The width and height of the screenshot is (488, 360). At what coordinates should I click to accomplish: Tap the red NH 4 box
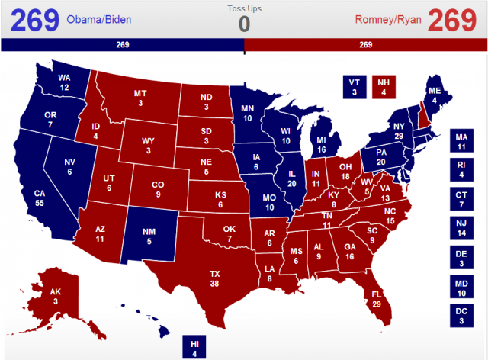[x=384, y=86]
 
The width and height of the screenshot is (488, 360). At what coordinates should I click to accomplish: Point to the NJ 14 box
[x=460, y=228]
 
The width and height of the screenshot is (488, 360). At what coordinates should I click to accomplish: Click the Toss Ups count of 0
[x=244, y=24]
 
